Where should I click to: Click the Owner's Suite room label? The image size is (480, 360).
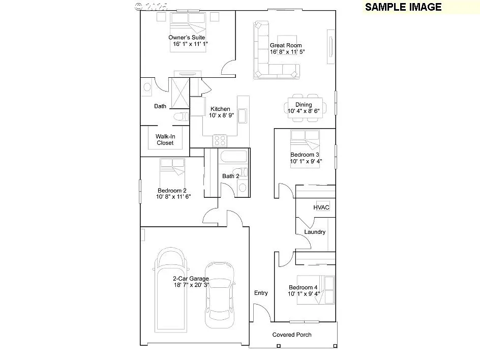pyautogui.click(x=187, y=38)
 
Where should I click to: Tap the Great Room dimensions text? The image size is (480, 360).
pyautogui.click(x=287, y=52)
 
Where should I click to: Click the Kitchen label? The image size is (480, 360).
pyautogui.click(x=220, y=109)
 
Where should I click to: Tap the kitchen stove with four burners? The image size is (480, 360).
pyautogui.click(x=220, y=139)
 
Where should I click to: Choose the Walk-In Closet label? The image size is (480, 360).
pyautogui.click(x=165, y=140)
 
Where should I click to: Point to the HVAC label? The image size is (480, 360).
pyautogui.click(x=321, y=207)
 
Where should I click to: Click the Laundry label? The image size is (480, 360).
pyautogui.click(x=315, y=232)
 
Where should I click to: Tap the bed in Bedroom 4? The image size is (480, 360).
pyautogui.click(x=316, y=290)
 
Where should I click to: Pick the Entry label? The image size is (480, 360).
pyautogui.click(x=261, y=293)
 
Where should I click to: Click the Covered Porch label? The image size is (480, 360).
pyautogui.click(x=292, y=335)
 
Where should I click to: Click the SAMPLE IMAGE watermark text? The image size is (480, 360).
pyautogui.click(x=403, y=7)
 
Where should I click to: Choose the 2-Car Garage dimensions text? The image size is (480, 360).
pyautogui.click(x=190, y=285)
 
